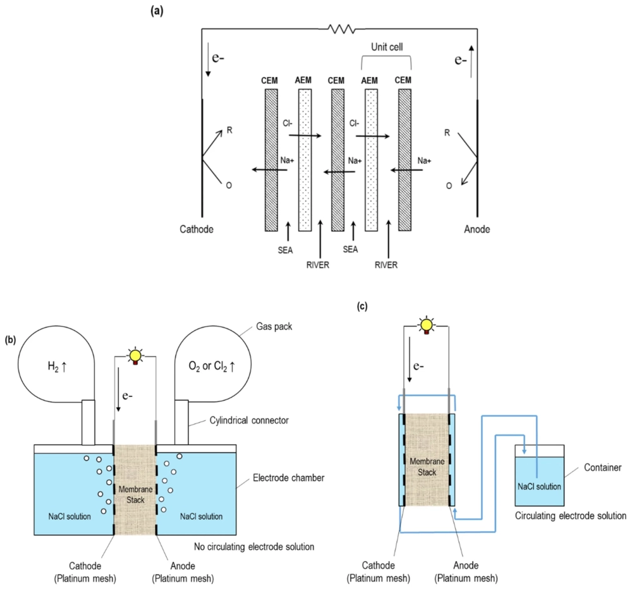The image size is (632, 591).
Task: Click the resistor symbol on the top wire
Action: (342, 28)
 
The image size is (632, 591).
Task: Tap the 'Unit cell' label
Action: (386, 46)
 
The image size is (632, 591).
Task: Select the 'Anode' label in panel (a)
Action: (477, 229)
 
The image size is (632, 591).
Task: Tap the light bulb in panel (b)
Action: (135, 356)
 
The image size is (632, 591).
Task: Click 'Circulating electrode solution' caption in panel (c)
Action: (571, 516)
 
